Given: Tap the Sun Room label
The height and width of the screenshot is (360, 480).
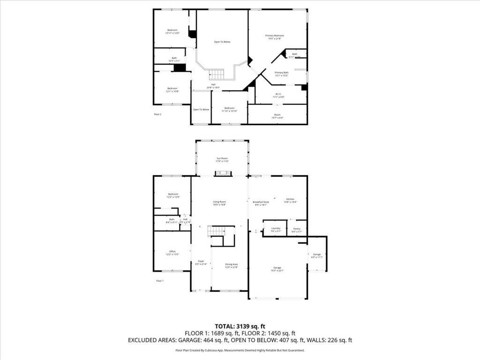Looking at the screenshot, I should (222, 160).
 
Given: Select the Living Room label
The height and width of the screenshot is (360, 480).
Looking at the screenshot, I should (219, 203).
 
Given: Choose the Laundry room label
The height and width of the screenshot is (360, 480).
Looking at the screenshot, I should (276, 229).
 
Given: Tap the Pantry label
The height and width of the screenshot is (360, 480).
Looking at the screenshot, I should (297, 229).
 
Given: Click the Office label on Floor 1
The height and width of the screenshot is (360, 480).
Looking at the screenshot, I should (172, 253).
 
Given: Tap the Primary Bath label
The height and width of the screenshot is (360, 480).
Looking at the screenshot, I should (281, 74).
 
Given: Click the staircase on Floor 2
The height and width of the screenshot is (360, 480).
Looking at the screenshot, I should (217, 74).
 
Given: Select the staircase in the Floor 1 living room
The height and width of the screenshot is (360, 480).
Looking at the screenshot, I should (217, 231).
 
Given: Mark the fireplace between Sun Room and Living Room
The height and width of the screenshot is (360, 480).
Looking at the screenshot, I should (223, 173).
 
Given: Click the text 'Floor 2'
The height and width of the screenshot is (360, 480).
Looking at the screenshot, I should (158, 114).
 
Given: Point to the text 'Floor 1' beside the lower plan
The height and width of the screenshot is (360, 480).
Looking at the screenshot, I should (160, 281).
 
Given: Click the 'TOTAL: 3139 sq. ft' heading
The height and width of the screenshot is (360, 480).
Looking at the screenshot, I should (240, 326).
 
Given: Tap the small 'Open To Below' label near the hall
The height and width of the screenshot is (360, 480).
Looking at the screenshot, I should (201, 109).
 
